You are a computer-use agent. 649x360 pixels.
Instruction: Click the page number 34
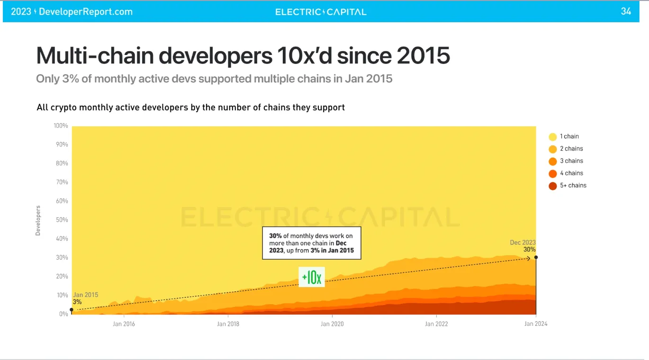pyautogui.click(x=626, y=11)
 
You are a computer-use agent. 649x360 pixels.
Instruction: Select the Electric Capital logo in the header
pyautogui.click(x=321, y=12)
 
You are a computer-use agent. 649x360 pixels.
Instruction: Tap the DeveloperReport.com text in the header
pyautogui.click(x=86, y=12)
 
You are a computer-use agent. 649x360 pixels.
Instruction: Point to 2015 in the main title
pyautogui.click(x=423, y=55)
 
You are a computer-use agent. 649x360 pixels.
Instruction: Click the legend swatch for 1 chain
pyautogui.click(x=552, y=137)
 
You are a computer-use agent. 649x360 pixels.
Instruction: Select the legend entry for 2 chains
pyautogui.click(x=566, y=149)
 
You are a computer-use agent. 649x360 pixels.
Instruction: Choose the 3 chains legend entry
pyautogui.click(x=566, y=161)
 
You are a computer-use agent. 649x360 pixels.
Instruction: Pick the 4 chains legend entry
pyautogui.click(x=566, y=173)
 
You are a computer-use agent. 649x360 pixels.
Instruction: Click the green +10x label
pyautogui.click(x=312, y=277)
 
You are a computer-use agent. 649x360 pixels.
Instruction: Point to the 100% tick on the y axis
pyautogui.click(x=61, y=126)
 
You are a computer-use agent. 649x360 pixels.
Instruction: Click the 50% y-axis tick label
pyautogui.click(x=62, y=220)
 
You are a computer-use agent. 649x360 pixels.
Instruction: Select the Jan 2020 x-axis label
pyautogui.click(x=332, y=324)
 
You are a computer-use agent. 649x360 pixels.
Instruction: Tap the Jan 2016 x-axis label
pyautogui.click(x=124, y=324)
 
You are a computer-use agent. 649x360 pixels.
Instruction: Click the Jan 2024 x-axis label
pyautogui.click(x=536, y=324)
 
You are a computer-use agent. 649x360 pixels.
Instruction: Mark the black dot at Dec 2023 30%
pyautogui.click(x=536, y=258)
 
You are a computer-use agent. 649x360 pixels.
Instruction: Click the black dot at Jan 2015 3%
pyautogui.click(x=72, y=310)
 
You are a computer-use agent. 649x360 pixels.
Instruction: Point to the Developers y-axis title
pyautogui.click(x=38, y=220)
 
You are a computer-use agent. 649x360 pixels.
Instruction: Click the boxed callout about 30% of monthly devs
pyautogui.click(x=311, y=243)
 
